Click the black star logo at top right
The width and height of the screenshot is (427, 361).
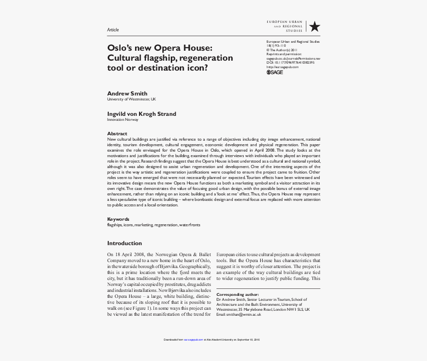(x=314, y=27)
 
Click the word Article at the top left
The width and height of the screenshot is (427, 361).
(x=113, y=30)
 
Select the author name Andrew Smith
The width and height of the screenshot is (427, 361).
(x=127, y=93)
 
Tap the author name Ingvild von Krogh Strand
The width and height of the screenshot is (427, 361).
(x=142, y=114)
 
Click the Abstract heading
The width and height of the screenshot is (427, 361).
(x=117, y=134)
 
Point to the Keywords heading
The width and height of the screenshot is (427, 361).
(x=118, y=219)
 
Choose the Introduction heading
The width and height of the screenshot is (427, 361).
(x=125, y=243)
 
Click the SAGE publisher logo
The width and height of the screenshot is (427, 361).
(x=275, y=72)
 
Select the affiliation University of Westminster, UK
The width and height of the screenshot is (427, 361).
(x=132, y=99)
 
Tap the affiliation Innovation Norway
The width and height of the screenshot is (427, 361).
(x=123, y=120)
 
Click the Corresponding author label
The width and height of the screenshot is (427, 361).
(x=238, y=294)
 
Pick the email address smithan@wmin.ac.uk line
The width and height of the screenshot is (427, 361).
(x=239, y=314)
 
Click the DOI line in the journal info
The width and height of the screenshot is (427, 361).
(x=290, y=63)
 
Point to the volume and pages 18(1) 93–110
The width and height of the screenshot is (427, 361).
(x=276, y=46)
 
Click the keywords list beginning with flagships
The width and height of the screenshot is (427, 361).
(x=154, y=225)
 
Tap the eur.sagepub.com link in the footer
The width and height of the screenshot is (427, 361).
(x=194, y=340)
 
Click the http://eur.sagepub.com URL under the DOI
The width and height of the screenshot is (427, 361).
(x=283, y=67)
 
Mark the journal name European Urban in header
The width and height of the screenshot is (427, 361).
(x=285, y=22)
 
